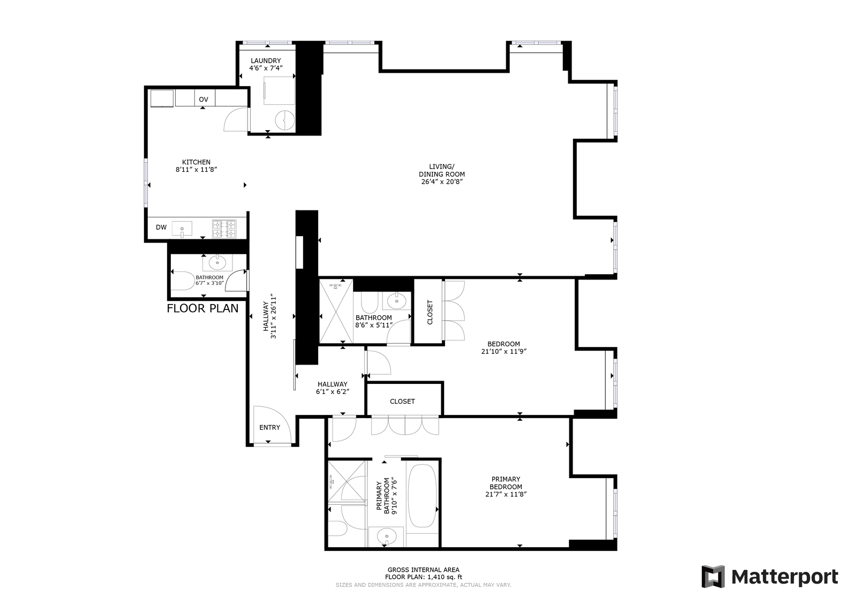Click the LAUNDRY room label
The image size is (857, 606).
pos(266,61)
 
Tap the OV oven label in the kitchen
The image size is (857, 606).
pos(204,100)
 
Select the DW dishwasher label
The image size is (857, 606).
pos(161,227)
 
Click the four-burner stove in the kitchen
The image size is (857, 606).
pos(224,229)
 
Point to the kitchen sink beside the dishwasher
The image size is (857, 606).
pos(182,229)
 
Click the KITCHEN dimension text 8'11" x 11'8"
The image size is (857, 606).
pos(196,169)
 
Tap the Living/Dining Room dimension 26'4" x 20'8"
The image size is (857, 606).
pos(442,181)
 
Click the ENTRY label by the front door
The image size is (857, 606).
pos(270,427)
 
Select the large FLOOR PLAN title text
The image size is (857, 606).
pos(202,308)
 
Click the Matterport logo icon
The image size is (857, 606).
pos(713,576)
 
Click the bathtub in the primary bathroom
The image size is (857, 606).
pos(422,496)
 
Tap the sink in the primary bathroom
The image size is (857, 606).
pos(386,536)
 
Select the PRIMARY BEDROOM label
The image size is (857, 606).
pos(506,483)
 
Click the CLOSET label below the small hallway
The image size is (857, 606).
pos(402,402)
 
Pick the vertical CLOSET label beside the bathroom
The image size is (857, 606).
pos(430,312)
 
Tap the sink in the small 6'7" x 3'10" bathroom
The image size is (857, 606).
pos(217,262)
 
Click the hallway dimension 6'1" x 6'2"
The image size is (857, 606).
pos(333,391)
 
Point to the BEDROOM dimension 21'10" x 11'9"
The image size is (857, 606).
pos(504,351)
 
